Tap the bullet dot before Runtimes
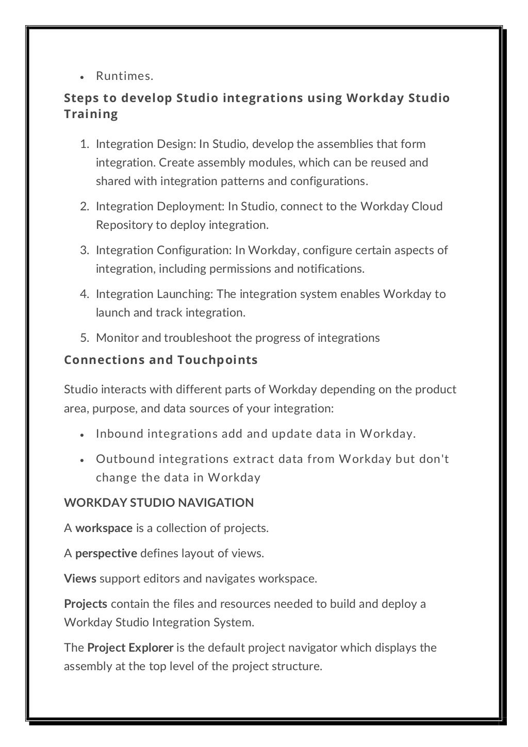coord(82,77)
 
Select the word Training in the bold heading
coord(91,114)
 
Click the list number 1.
coord(84,144)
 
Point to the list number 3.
coord(84,251)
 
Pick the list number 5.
coord(84,338)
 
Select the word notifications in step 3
coord(329,269)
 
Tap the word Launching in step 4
coord(185,294)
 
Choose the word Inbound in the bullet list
coord(120,434)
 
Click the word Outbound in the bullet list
coord(125,459)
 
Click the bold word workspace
coord(104,528)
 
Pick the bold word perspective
coord(106,554)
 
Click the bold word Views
coord(80,579)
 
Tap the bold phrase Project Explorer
coord(130,648)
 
